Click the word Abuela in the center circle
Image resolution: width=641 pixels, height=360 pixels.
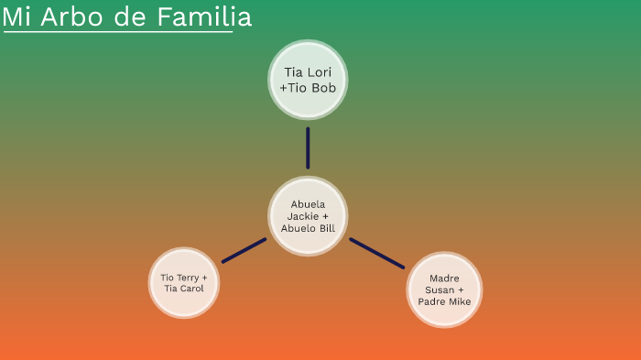pyautogui.click(x=308, y=204)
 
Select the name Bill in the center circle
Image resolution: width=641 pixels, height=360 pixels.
pyautogui.click(x=327, y=228)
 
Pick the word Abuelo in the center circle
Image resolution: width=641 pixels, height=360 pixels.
pyautogui.click(x=298, y=228)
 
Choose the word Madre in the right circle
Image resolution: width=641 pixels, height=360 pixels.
pyautogui.click(x=444, y=278)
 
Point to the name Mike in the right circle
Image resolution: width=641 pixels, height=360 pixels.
pyautogui.click(x=459, y=301)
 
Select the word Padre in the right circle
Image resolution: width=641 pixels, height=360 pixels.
pyautogui.click(x=432, y=301)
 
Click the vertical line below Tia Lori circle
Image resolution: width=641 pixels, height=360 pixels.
pyautogui.click(x=308, y=147)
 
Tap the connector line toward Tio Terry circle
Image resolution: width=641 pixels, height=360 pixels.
pyautogui.click(x=244, y=250)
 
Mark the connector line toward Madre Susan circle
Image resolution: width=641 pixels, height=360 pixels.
pyautogui.click(x=376, y=253)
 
